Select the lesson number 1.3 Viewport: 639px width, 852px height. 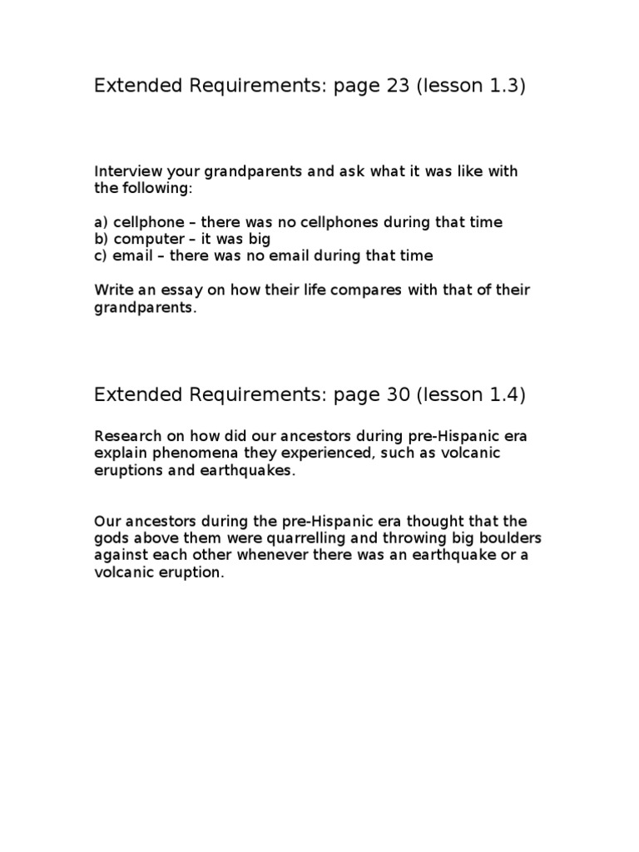tap(503, 87)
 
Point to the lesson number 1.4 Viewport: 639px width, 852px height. tap(503, 395)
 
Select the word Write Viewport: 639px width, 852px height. tap(113, 290)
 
